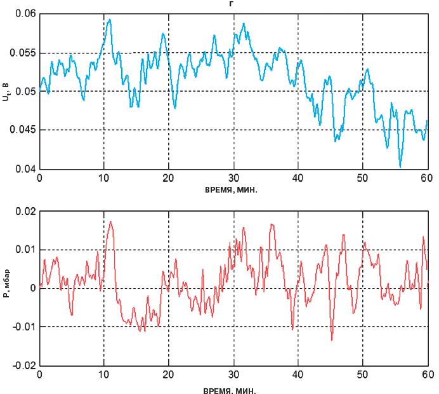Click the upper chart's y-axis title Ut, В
pyautogui.click(x=6, y=92)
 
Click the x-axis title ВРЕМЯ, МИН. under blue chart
pyautogui.click(x=233, y=189)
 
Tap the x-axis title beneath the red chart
pyautogui.click(x=233, y=387)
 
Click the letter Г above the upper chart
pyautogui.click(x=233, y=3)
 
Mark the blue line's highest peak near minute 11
pyautogui.click(x=110, y=20)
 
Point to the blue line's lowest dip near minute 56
pyautogui.click(x=400, y=166)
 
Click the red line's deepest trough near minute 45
pyautogui.click(x=331, y=339)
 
